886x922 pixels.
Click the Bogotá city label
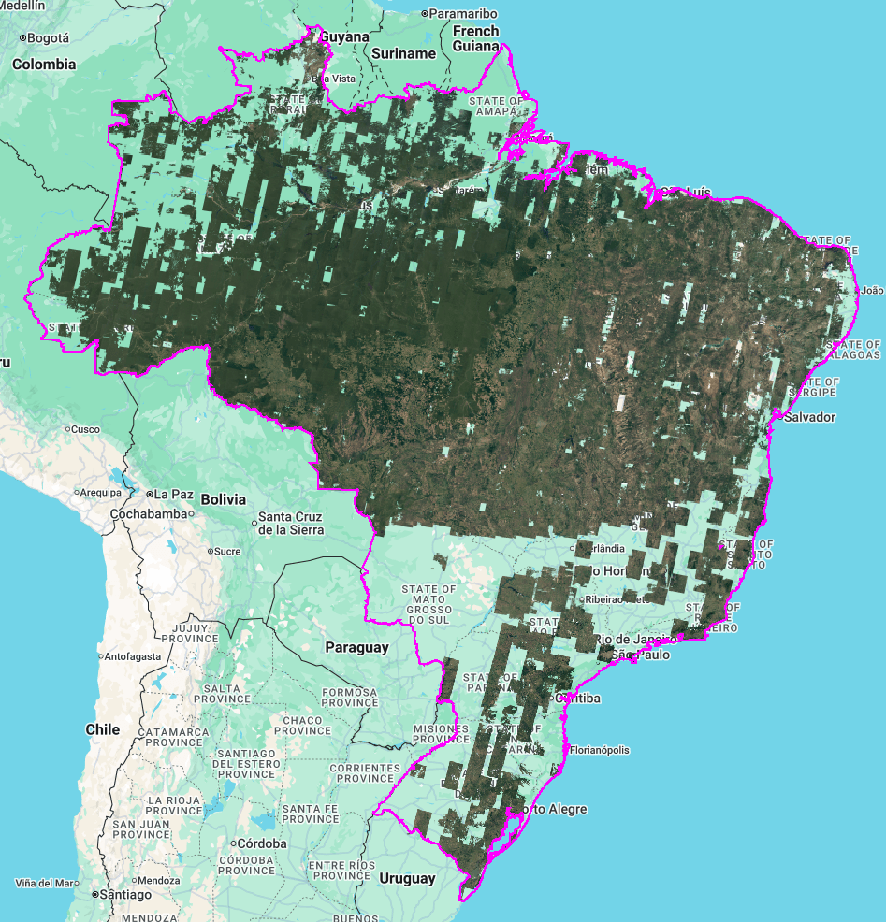coord(48,38)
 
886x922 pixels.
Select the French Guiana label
coord(476,37)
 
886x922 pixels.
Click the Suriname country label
coord(403,53)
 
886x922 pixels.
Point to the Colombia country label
coord(44,65)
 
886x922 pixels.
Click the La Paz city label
coord(173,494)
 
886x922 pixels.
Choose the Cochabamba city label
coord(149,513)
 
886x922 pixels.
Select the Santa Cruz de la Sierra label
coord(291,524)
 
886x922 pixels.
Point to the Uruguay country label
coord(407,879)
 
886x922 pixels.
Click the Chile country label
coord(103,728)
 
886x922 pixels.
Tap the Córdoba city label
coord(263,843)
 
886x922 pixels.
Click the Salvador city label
coord(809,417)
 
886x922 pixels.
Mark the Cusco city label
coord(85,429)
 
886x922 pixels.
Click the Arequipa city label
coord(100,492)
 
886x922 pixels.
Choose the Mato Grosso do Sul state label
coord(428,604)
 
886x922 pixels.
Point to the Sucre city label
coord(227,552)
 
